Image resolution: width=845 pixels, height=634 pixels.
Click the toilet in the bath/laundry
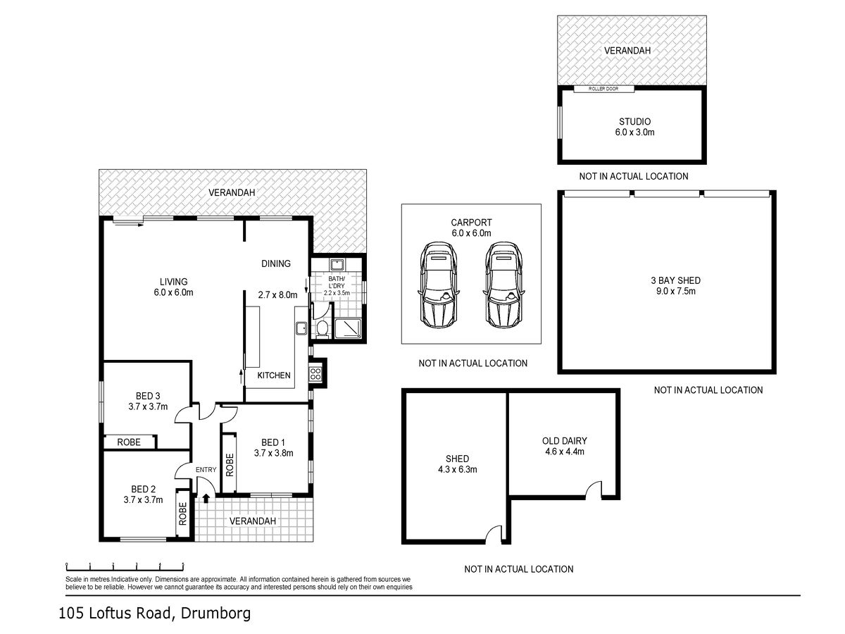click(x=322, y=329)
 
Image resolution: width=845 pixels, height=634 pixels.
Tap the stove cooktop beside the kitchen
click(x=315, y=373)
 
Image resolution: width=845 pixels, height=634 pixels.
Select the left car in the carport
click(x=438, y=285)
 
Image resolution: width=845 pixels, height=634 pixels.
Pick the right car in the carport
click(x=503, y=285)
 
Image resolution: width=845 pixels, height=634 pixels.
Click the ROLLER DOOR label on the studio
click(x=603, y=89)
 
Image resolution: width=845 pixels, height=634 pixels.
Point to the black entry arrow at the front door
click(x=206, y=498)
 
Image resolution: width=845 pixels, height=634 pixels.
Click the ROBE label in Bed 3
click(x=129, y=442)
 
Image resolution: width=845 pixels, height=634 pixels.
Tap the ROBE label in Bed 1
click(x=230, y=465)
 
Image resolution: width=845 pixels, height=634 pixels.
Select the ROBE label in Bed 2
click(x=183, y=514)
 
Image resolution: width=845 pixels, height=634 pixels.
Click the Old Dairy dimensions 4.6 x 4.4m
click(x=564, y=452)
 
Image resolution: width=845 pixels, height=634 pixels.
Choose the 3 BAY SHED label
click(x=675, y=280)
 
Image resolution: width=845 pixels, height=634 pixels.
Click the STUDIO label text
click(x=635, y=122)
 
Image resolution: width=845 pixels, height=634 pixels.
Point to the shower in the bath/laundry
click(x=348, y=328)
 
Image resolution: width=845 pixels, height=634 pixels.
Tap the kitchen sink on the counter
click(x=301, y=328)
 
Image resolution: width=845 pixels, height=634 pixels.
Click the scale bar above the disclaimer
click(x=125, y=566)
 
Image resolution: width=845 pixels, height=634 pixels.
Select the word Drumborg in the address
click(x=215, y=613)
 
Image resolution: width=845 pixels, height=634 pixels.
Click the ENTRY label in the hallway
click(x=206, y=470)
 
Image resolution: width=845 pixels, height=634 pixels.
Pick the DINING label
click(x=276, y=263)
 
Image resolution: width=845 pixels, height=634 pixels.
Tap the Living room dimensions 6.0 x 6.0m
click(x=174, y=292)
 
